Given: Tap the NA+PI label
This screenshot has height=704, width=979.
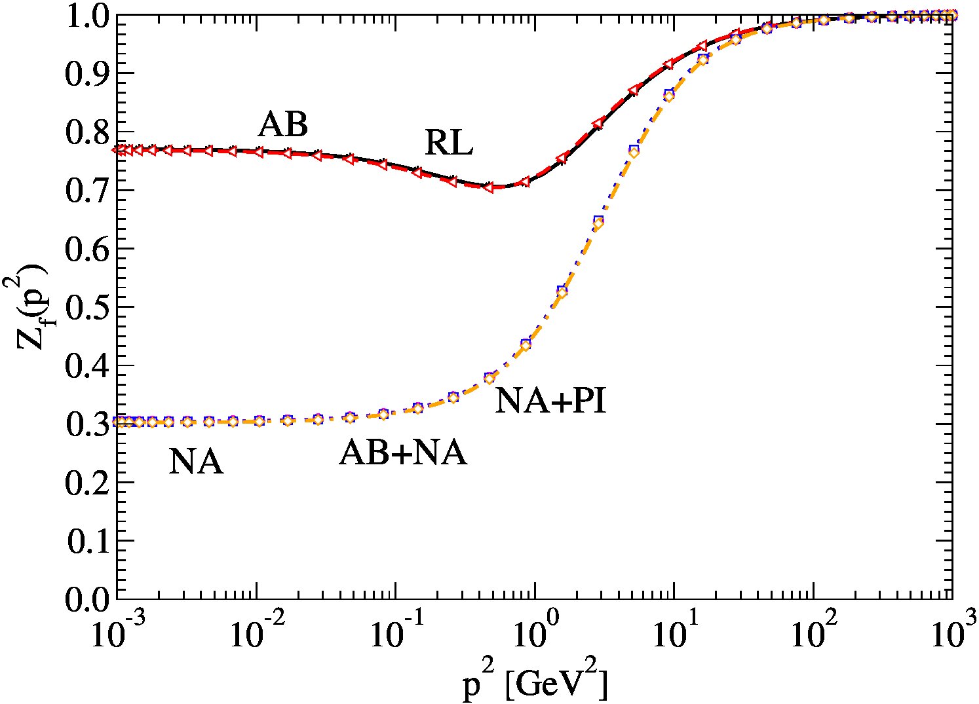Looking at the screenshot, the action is coord(550,401).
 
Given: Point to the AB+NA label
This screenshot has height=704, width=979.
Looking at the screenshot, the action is coord(403,453).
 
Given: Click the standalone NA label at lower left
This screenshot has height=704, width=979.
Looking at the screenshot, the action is coord(196,462).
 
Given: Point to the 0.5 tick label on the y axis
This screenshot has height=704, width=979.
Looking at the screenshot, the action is coord(87,307).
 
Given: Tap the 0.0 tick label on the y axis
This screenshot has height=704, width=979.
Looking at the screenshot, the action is coord(87,599).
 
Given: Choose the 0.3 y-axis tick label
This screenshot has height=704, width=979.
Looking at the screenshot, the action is coord(87,424).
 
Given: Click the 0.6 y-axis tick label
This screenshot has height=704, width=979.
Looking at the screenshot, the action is coord(87,248).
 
